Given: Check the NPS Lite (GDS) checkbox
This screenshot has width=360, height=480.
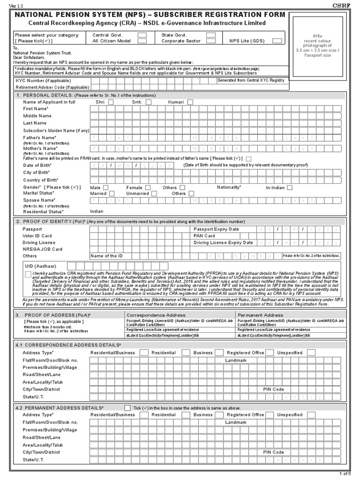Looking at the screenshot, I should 277,41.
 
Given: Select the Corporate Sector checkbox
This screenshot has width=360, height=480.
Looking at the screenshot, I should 211,41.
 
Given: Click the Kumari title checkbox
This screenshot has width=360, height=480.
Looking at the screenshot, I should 190,102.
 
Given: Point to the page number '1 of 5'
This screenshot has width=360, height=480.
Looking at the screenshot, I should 349,475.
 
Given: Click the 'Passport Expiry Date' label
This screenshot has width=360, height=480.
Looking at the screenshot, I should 216,229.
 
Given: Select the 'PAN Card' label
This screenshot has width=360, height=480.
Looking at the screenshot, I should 204,236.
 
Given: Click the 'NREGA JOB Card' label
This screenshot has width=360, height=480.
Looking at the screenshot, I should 42,249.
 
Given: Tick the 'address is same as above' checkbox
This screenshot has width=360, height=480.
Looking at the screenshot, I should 127,408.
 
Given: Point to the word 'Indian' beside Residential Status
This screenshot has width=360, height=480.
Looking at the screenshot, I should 97,211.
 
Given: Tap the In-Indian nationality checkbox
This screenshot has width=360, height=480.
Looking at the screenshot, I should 290,187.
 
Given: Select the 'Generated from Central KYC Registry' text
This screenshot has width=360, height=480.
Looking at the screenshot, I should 251,81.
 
